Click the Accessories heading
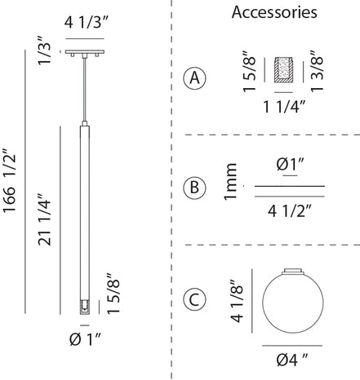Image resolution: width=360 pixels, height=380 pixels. [x=274, y=12]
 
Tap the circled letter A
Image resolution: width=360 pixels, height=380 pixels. [x=195, y=78]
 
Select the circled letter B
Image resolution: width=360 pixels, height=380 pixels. [x=195, y=188]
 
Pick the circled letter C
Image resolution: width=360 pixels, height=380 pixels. [x=195, y=300]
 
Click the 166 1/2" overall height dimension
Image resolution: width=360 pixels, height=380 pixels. [x=9, y=183]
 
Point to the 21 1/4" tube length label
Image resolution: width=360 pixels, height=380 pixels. [x=44, y=219]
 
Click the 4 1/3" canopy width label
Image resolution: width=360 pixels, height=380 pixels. [x=87, y=23]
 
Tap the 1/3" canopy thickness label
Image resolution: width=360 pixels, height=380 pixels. [x=44, y=53]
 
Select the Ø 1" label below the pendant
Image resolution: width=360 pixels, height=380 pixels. [x=85, y=339]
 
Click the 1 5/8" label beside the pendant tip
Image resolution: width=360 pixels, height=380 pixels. [x=113, y=294]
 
